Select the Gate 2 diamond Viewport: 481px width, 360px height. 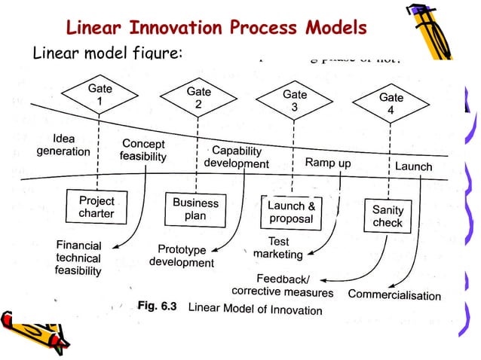(198, 98)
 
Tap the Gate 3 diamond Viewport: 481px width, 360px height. (294, 102)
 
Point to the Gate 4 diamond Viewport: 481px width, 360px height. (391, 104)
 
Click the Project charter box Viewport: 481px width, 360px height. (97, 207)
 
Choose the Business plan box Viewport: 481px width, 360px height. (195, 209)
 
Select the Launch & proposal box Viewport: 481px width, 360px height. (291, 212)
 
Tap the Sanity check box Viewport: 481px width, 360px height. (388, 216)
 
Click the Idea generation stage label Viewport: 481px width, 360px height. (63, 145)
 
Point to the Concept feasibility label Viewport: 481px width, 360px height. (143, 150)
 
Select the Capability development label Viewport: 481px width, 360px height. (236, 157)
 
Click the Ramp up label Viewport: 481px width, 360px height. (327, 162)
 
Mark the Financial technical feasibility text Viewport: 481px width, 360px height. (78, 258)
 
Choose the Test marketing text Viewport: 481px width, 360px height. (277, 249)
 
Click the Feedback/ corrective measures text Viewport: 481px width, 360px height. (282, 285)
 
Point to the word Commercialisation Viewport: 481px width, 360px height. (394, 294)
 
